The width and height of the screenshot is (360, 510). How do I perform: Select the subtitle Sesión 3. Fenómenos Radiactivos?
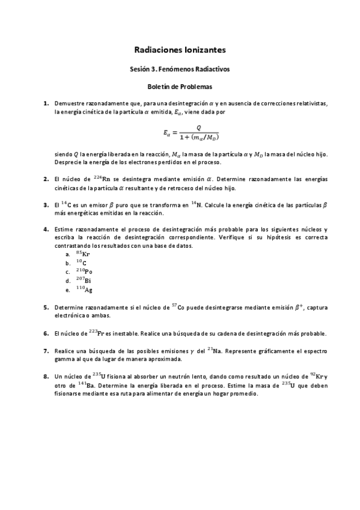(180, 69)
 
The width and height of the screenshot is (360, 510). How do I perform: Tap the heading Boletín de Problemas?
(180, 87)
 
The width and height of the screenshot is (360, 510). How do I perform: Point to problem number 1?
(46, 103)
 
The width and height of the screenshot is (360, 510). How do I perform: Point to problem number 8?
(46, 376)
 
